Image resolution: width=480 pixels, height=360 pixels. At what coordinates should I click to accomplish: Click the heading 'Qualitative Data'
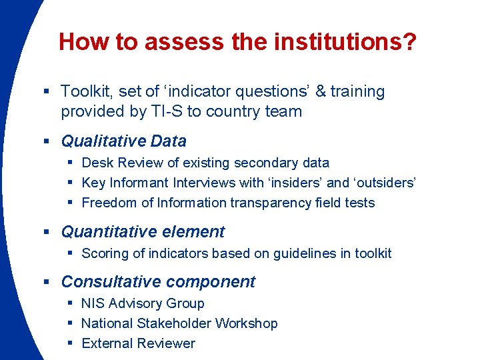[x=123, y=141]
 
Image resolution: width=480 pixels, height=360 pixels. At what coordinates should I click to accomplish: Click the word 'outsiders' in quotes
[x=384, y=183]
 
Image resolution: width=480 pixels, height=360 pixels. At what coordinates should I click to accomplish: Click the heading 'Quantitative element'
[x=143, y=232]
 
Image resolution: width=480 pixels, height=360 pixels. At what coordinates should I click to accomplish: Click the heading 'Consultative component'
[x=158, y=282]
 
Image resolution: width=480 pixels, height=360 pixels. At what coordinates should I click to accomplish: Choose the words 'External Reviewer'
[x=138, y=343]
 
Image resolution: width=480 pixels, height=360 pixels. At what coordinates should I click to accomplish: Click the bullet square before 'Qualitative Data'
[x=47, y=141]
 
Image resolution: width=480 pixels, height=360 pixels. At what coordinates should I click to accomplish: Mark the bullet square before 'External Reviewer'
[x=69, y=343]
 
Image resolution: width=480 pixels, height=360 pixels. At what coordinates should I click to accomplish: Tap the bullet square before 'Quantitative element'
[x=47, y=232]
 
